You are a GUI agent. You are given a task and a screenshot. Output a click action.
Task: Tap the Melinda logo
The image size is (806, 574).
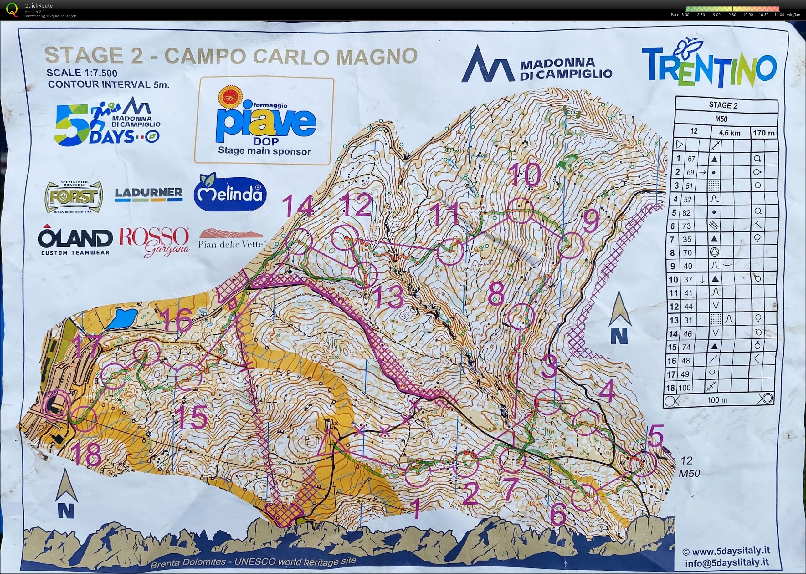point(230,193)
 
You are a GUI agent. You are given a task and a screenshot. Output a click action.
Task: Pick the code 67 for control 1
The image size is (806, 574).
point(691,159)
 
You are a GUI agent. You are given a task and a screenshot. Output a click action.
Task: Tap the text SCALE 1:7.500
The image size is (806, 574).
point(82,73)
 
